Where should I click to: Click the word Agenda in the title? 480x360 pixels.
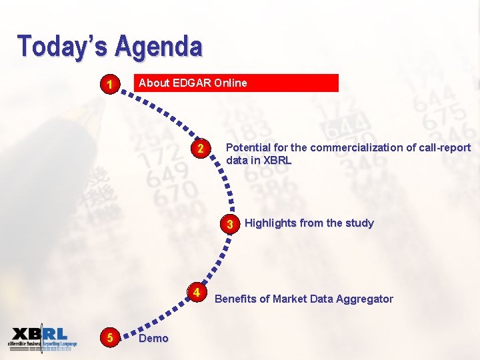click(158, 47)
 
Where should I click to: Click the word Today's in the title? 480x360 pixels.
click(63, 47)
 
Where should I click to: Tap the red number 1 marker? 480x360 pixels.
click(109, 85)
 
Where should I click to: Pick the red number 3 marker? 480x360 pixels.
click(229, 225)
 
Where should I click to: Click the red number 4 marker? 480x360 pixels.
click(197, 293)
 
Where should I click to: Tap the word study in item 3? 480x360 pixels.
click(359, 223)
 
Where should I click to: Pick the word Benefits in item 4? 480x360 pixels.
click(235, 299)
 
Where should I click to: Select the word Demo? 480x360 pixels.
click(153, 339)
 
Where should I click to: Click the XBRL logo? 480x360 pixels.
click(42, 338)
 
